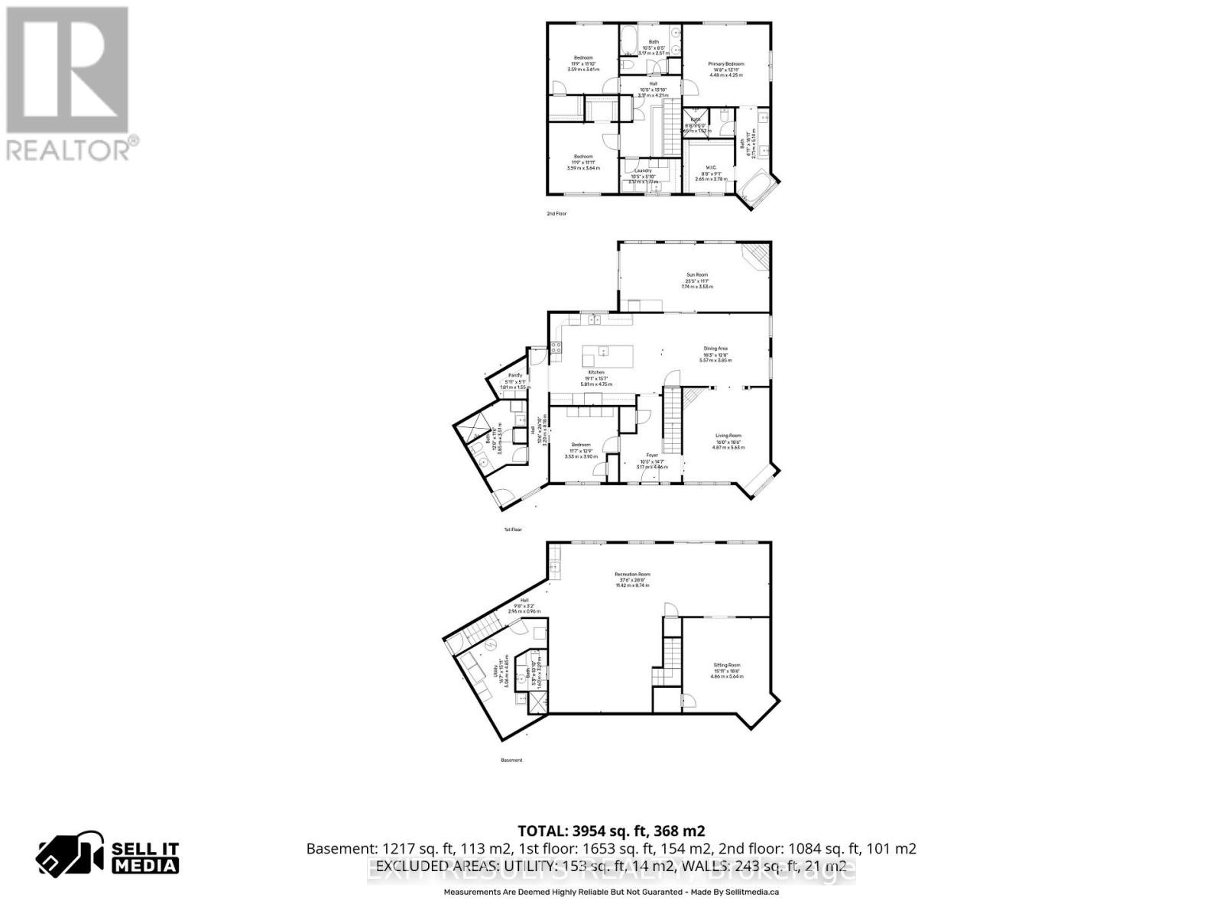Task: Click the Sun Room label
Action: point(696,274)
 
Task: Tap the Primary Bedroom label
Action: point(725,64)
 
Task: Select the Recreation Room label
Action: point(632,574)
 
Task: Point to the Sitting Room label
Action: point(726,665)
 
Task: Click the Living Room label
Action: point(728,436)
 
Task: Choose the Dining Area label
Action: point(715,348)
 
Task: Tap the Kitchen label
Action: point(596,372)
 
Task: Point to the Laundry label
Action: point(643,170)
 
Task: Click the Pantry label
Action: point(515,375)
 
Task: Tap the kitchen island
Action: point(608,355)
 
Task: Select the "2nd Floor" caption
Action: point(556,214)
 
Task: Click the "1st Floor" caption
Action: point(512,529)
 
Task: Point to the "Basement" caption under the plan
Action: point(511,760)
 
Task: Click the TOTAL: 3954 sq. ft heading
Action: point(611,831)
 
